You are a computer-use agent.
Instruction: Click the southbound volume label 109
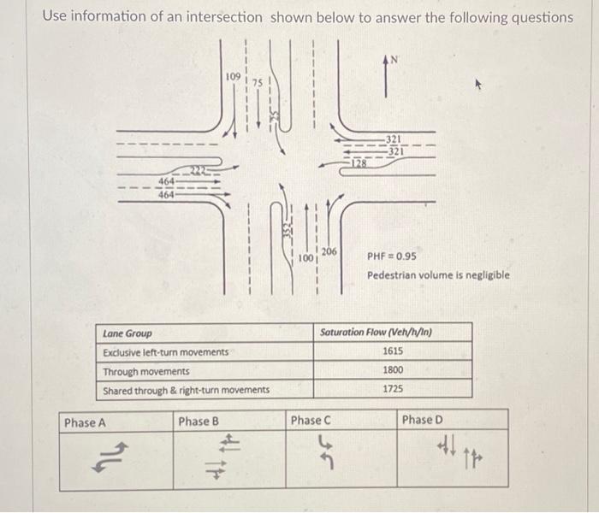pos(233,78)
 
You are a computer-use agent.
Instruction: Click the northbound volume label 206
pos(330,251)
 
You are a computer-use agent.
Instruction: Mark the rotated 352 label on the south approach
pos(288,229)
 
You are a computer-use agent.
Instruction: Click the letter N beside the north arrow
pos(394,59)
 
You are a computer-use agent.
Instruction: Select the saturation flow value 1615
pos(394,351)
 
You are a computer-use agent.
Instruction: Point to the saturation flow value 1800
pos(394,370)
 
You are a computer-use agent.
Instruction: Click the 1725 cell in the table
pos(394,389)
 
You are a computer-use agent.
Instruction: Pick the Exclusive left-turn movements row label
pos(165,352)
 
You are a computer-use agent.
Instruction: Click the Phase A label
pos(85,422)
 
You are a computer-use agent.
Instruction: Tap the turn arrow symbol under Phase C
pos(324,451)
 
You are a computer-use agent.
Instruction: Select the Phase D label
pos(423,420)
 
